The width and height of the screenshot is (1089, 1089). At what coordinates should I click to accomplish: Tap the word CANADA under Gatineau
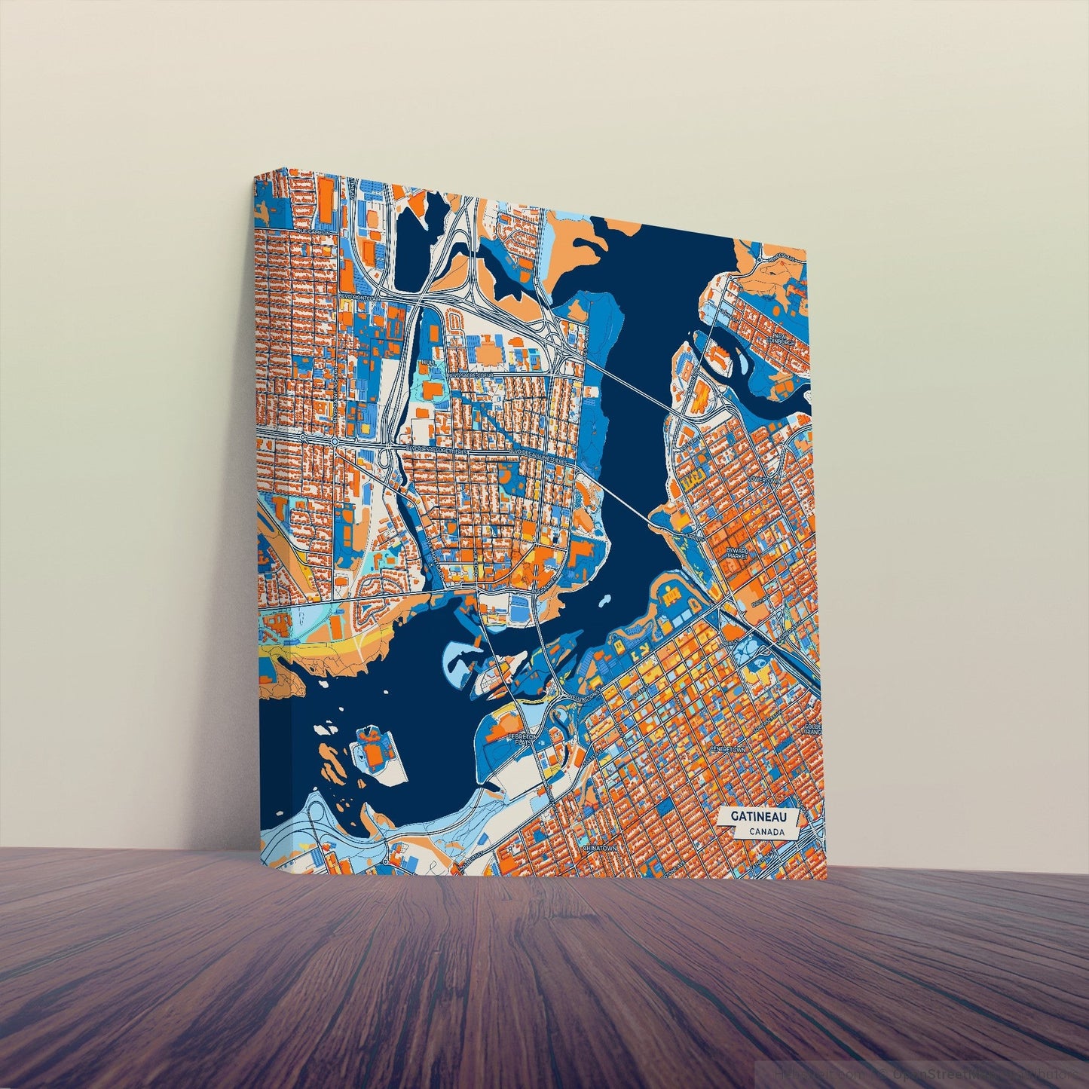766,832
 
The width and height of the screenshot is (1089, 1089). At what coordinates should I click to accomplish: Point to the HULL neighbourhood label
430,362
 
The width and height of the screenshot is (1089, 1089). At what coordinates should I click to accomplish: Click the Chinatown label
599,848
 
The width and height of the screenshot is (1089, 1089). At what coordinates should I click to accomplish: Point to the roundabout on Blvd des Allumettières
333,439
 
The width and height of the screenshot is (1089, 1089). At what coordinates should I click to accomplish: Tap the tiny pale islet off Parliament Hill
604,601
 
